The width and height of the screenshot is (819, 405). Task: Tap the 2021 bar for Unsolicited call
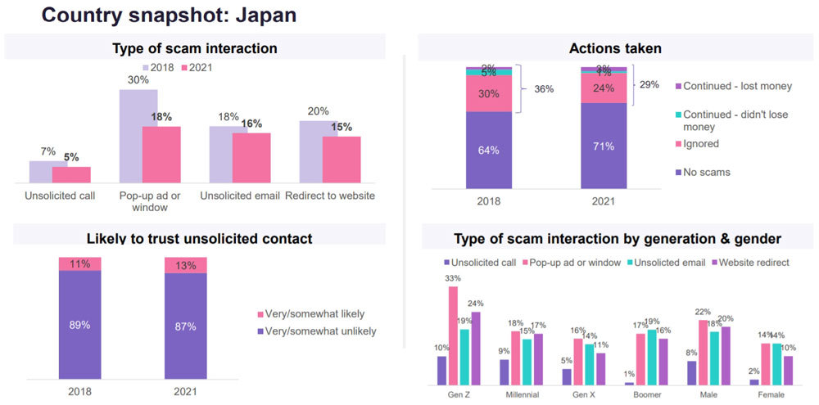coord(71,174)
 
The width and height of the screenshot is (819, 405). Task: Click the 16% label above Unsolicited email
coord(251,124)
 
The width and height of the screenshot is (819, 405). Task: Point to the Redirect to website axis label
coord(329,196)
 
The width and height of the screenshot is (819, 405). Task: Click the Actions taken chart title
coord(614,48)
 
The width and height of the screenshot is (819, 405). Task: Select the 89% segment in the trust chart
coord(79,324)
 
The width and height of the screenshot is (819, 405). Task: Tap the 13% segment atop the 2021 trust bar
coord(185,264)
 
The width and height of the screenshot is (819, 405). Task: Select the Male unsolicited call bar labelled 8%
coord(692,372)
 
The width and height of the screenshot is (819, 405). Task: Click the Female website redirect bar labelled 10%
coord(788,370)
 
